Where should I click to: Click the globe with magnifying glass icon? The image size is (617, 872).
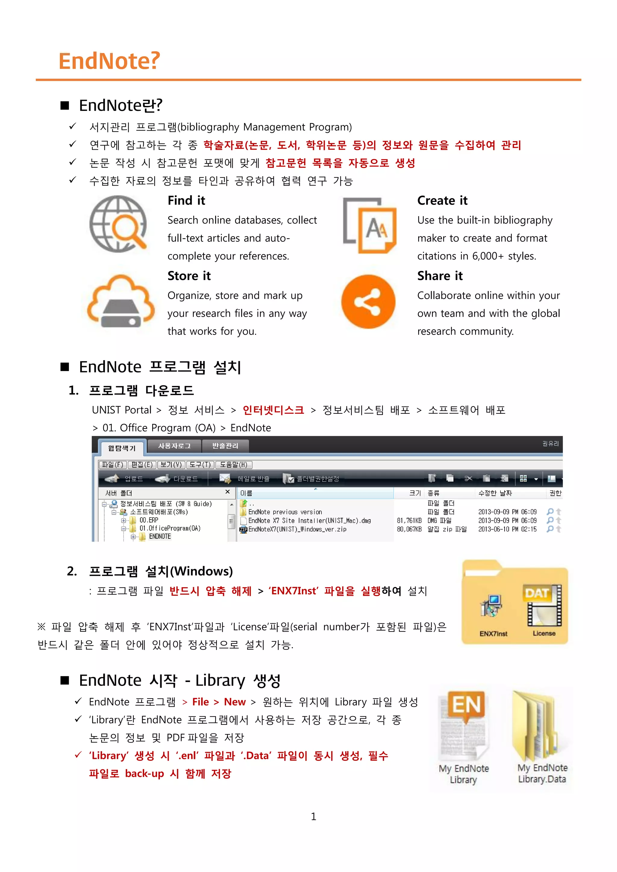pyautogui.click(x=118, y=224)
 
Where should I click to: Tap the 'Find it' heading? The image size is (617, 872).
pyautogui.click(x=186, y=201)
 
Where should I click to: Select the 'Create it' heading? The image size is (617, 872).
pyautogui.click(x=442, y=201)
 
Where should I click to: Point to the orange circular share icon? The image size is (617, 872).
pyautogui.click(x=368, y=302)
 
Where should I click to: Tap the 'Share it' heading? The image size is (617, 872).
pyautogui.click(x=440, y=276)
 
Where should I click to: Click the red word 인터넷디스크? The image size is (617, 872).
pyautogui.click(x=273, y=410)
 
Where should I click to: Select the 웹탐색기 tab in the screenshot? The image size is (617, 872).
pyautogui.click(x=122, y=448)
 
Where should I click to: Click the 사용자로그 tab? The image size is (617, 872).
pyautogui.click(x=174, y=446)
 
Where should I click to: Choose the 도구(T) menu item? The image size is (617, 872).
pyautogui.click(x=200, y=465)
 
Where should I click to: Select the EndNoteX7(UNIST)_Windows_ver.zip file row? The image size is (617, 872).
pyautogui.click(x=297, y=529)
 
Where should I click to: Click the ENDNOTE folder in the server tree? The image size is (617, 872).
pyautogui.click(x=160, y=536)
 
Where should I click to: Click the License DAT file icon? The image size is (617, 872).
pyautogui.click(x=544, y=606)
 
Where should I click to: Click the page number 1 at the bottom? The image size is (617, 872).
pyautogui.click(x=313, y=817)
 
